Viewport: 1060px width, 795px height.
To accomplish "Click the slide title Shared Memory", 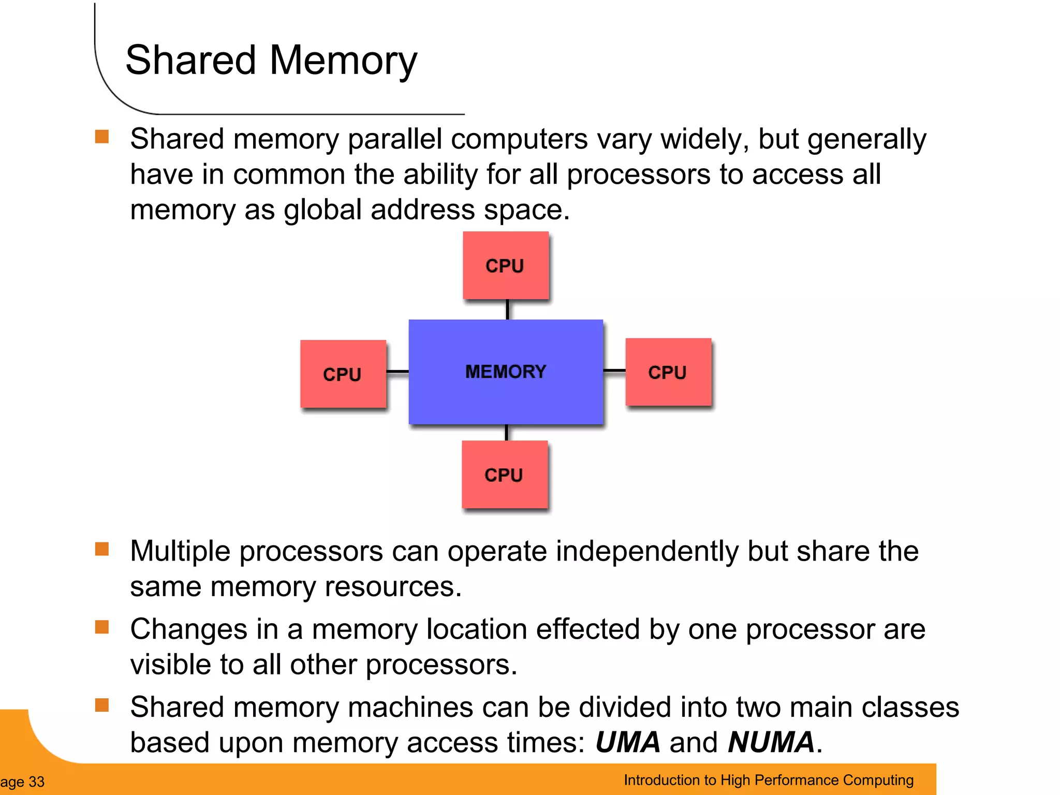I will click(x=271, y=61).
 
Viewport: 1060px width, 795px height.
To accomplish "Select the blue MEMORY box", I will click(x=506, y=372).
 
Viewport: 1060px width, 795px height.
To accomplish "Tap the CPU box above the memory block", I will click(x=505, y=266).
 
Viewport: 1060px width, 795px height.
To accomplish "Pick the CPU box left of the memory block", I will click(x=343, y=374).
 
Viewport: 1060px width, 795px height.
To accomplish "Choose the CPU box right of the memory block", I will click(x=668, y=372).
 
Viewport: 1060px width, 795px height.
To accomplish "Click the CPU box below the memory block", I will click(x=504, y=475).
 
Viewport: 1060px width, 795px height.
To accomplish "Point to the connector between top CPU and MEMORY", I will click(x=507, y=310).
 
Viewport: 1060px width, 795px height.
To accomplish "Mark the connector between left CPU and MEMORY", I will click(x=397, y=372).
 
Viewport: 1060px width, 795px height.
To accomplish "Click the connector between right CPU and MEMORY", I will click(x=614, y=371).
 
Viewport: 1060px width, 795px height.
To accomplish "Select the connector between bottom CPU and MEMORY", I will click(x=506, y=433).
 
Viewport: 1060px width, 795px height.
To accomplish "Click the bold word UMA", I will click(x=628, y=742).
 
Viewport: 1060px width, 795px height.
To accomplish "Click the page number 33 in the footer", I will click(x=36, y=782).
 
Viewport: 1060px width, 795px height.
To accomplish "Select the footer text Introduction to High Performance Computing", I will click(x=769, y=780).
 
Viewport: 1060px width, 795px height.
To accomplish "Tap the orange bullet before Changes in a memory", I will click(x=102, y=627).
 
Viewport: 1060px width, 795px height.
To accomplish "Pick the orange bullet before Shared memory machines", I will click(x=102, y=705).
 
